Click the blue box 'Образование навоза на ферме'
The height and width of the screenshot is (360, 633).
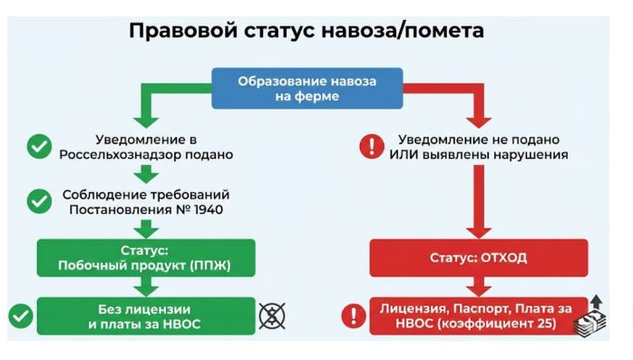pos(307,88)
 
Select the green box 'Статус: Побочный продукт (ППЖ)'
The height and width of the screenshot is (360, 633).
pos(146,258)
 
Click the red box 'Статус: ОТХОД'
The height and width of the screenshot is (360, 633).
pos(479,258)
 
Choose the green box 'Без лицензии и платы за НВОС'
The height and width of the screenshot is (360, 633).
pos(146,316)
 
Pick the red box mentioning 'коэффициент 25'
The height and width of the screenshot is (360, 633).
pos(479,316)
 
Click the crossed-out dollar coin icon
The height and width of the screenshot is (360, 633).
pos(272,316)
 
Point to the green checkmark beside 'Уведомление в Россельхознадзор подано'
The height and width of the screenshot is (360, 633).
pos(39,147)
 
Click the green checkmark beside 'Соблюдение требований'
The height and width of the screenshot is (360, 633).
pos(39,201)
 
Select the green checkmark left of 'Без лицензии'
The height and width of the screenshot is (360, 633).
pos(21,316)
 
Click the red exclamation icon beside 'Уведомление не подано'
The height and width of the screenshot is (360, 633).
pos(372,146)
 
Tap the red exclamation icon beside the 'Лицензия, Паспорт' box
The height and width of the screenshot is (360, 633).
pos(354,316)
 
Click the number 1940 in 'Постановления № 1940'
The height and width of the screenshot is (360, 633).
pos(209,209)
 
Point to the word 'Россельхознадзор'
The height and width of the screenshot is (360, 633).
pos(120,155)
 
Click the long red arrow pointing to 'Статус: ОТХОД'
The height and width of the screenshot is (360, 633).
pos(479,202)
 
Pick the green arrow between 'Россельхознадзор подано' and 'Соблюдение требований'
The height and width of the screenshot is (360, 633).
pos(146,174)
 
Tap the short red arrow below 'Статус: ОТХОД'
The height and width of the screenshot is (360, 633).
pos(479,287)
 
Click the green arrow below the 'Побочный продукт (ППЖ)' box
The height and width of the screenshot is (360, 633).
pos(146,287)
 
